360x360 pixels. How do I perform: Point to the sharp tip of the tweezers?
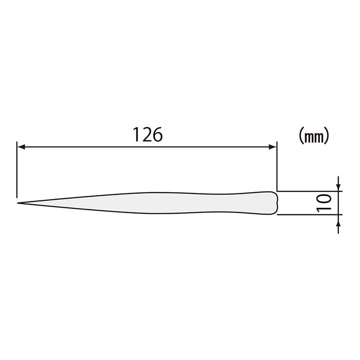click(x=19, y=203)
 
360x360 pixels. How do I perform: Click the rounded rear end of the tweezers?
click(x=275, y=202)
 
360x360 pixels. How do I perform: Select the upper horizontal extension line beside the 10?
click(x=310, y=191)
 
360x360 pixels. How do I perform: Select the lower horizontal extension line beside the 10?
click(x=310, y=215)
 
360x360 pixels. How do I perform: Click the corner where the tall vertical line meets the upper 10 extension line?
click(x=276, y=191)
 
